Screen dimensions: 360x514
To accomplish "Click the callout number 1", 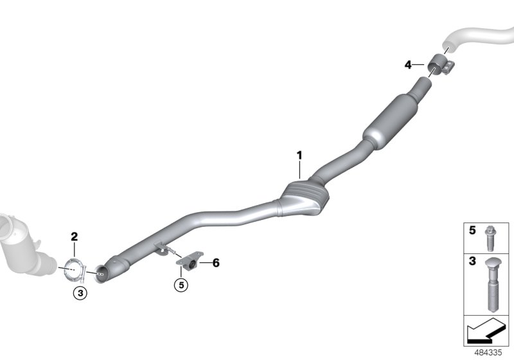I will pyautogui.click(x=299, y=155).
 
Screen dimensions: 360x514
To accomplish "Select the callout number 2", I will pyautogui.click(x=74, y=237).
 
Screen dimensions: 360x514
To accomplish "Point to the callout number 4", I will pyautogui.click(x=407, y=64).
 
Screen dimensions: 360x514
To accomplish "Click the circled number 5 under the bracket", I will pyautogui.click(x=181, y=283).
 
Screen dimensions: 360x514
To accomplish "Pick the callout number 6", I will pyautogui.click(x=216, y=263).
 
